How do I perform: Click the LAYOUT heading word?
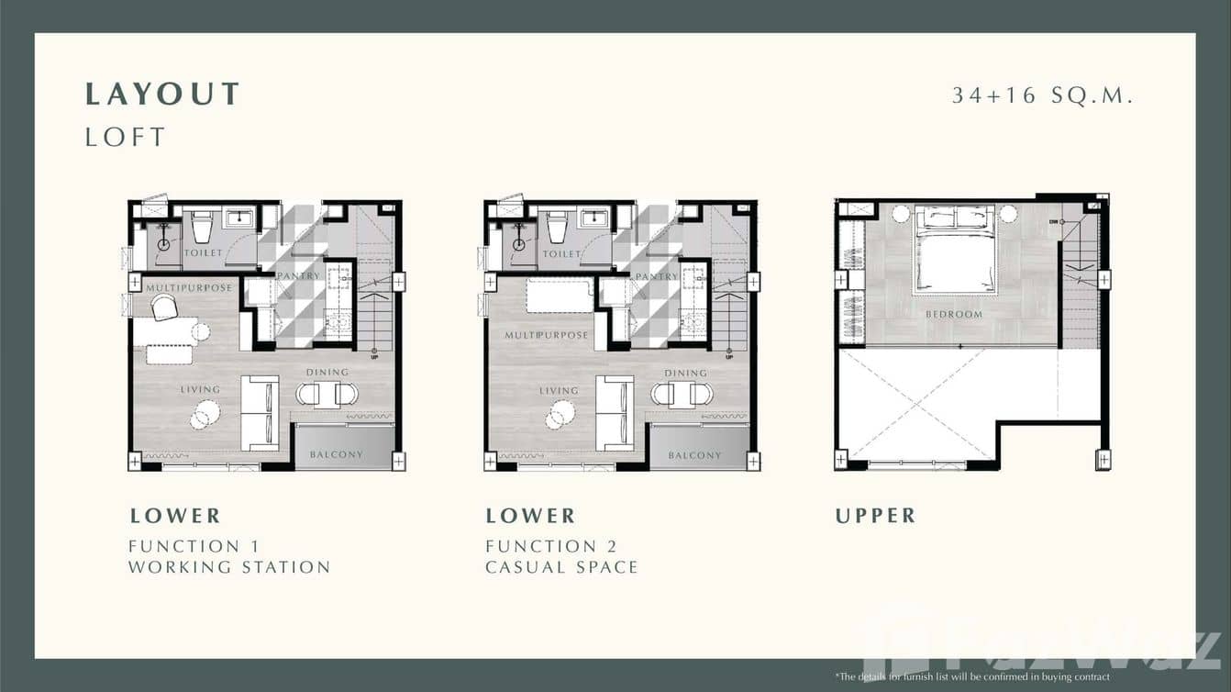click(162, 94)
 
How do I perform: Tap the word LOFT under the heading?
click(126, 138)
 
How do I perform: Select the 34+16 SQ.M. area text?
click(1043, 95)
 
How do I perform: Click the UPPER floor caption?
click(875, 516)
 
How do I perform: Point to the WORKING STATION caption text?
click(229, 567)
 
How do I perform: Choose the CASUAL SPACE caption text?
click(561, 567)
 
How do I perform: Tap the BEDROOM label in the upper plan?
click(954, 314)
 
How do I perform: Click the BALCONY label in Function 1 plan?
click(336, 454)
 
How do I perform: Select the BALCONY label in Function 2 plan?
click(694, 455)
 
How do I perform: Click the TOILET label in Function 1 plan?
click(203, 252)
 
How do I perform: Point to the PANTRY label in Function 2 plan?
click(657, 276)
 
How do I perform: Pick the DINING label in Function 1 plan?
click(327, 372)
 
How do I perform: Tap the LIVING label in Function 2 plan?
click(559, 390)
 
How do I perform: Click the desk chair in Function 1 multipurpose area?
click(163, 308)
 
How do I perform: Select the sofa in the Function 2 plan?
click(614, 413)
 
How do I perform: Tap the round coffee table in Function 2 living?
click(559, 416)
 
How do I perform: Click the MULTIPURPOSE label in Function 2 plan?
click(546, 336)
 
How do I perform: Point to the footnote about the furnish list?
click(972, 677)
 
